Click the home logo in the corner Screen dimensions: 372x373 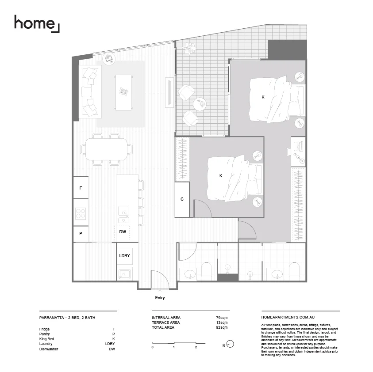point(37,23)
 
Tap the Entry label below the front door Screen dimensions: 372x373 point(160,298)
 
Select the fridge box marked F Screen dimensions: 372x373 point(81,188)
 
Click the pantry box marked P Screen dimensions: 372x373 point(81,234)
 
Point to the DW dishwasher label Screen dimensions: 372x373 point(123,232)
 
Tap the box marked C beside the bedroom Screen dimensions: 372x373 point(182,199)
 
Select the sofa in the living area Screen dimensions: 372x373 point(90,91)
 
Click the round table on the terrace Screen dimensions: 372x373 point(200,104)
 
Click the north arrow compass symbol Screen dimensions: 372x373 point(230,345)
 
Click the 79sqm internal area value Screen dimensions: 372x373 point(221,318)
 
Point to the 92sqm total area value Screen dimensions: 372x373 point(221,327)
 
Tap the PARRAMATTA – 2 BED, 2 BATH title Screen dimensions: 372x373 point(67,318)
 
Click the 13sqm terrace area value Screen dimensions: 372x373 point(221,323)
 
